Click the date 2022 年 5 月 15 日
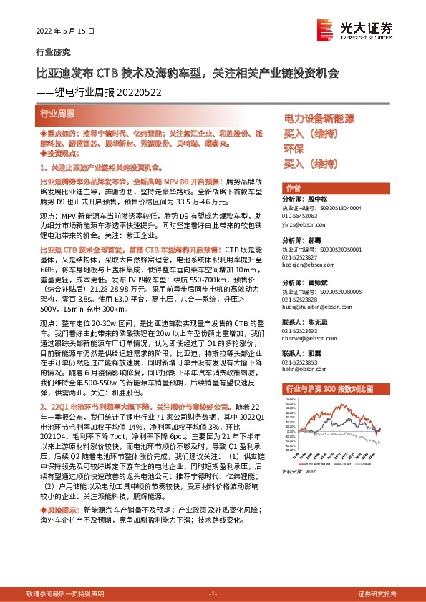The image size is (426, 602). tap(65, 31)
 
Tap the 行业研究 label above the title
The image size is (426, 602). tap(54, 52)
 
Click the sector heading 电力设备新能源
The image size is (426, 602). tap(319, 118)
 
